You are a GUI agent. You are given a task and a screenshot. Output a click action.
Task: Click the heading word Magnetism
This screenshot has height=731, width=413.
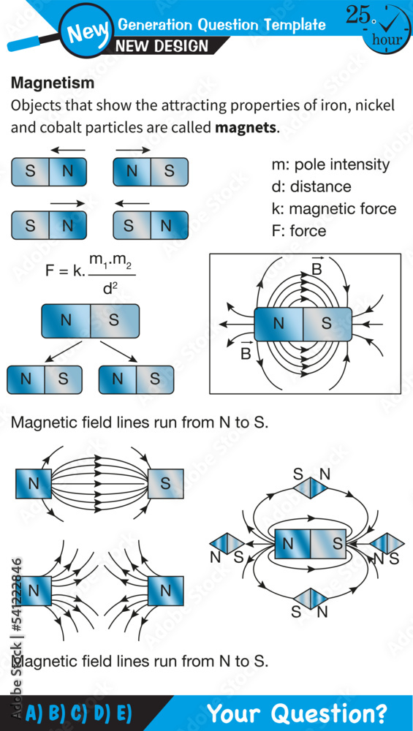pos(52,83)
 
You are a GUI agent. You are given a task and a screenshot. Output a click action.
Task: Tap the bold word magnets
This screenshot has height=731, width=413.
pos(246,127)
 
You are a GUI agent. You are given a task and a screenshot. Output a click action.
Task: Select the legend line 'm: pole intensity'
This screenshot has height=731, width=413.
pos(330,164)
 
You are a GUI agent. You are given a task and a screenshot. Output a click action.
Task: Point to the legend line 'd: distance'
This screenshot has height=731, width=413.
pos(311,187)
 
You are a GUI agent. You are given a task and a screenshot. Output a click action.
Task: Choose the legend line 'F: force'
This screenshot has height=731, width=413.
pos(298,231)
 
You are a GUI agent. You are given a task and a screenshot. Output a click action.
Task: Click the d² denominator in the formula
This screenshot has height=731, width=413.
pos(110,288)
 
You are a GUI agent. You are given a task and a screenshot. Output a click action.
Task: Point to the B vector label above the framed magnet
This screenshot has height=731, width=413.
pos(317,268)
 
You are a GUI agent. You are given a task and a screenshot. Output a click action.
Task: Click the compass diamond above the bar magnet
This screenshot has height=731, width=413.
pos(311,488)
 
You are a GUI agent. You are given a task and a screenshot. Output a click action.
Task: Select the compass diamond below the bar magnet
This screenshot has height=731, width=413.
pos(310,599)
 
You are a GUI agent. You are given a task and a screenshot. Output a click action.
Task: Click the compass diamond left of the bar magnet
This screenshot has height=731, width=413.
pos(227,543)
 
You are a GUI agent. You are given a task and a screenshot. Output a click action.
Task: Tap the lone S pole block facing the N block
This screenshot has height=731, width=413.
pos(165,484)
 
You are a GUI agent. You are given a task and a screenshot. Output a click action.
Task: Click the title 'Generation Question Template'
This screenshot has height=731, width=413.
pos(221,25)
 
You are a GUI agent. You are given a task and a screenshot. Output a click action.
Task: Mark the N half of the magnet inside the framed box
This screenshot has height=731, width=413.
pos(279,323)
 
